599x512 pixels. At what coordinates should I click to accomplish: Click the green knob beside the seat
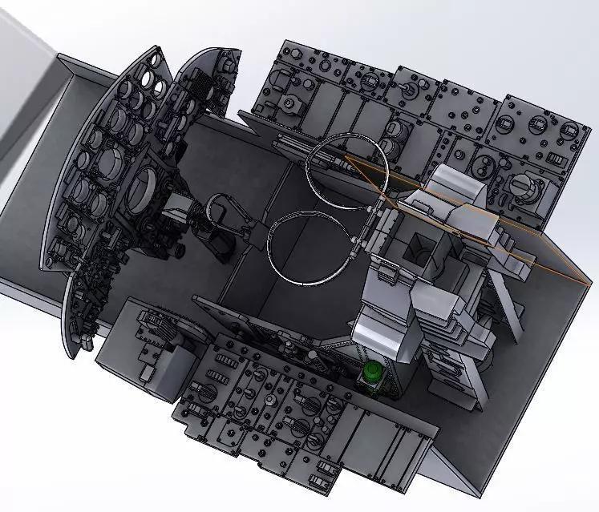[372, 373]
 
